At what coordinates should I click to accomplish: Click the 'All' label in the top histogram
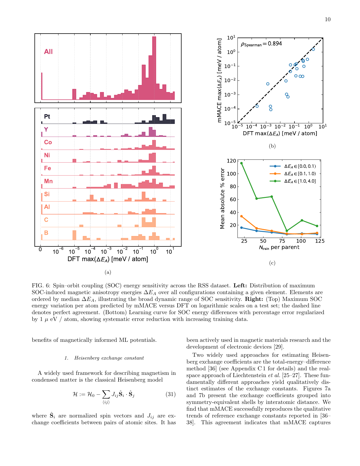(48, 52)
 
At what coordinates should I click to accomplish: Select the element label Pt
(47, 117)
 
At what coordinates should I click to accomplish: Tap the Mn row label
(48, 181)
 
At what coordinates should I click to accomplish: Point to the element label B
(46, 233)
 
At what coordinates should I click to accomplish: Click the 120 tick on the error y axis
(232, 161)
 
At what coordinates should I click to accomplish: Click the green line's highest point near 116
(241, 163)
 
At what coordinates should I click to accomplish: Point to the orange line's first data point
(241, 216)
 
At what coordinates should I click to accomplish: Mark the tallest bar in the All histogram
(154, 68)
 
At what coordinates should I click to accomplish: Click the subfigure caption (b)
(272, 146)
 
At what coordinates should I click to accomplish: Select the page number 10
(328, 19)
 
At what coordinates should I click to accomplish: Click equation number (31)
(171, 394)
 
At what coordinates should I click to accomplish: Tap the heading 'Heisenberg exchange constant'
(109, 358)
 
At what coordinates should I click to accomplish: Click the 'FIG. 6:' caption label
(41, 285)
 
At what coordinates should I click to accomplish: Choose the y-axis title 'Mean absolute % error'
(222, 198)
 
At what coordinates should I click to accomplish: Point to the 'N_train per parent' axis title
(279, 248)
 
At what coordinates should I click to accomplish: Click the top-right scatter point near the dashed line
(313, 49)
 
